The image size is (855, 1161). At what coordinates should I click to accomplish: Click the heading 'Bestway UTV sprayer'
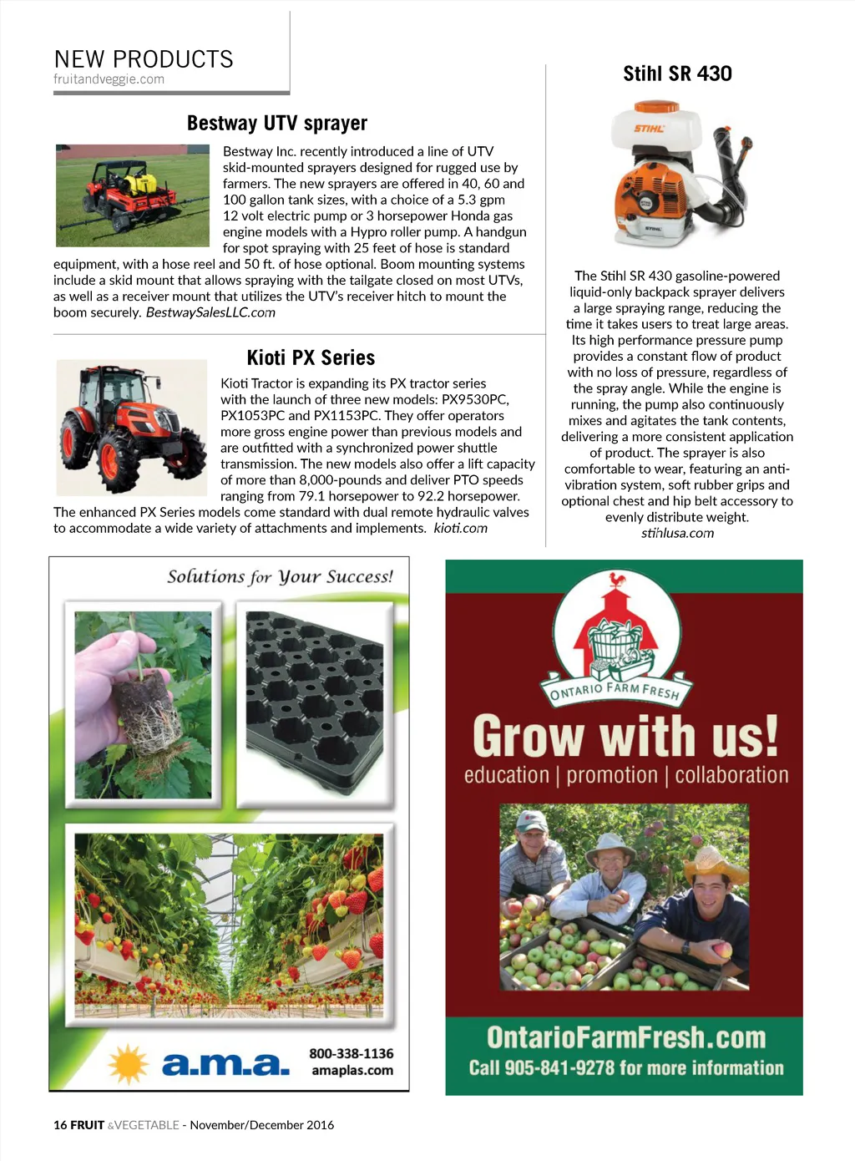tap(276, 124)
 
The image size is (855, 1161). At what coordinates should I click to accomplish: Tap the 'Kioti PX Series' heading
tap(311, 358)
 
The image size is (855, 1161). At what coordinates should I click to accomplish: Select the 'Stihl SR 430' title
tap(677, 74)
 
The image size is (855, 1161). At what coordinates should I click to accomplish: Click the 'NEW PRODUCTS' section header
tap(144, 59)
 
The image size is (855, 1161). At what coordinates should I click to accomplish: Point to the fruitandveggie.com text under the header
tap(109, 79)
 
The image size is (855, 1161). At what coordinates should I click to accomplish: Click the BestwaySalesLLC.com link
tap(210, 312)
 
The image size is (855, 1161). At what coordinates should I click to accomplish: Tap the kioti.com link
tap(460, 529)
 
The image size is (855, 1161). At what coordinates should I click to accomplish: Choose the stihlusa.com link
tap(677, 533)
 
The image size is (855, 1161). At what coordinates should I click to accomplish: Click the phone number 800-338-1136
tap(351, 1054)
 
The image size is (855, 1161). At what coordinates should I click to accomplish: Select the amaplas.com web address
tap(352, 1071)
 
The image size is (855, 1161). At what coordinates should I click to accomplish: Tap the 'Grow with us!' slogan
tap(625, 736)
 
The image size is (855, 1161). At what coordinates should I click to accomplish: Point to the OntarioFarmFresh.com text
tap(625, 1037)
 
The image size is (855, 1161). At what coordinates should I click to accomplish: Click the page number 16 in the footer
tap(60, 1125)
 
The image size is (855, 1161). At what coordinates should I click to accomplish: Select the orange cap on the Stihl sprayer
tap(656, 107)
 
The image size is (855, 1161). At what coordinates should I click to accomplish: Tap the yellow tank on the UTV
tap(138, 181)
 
